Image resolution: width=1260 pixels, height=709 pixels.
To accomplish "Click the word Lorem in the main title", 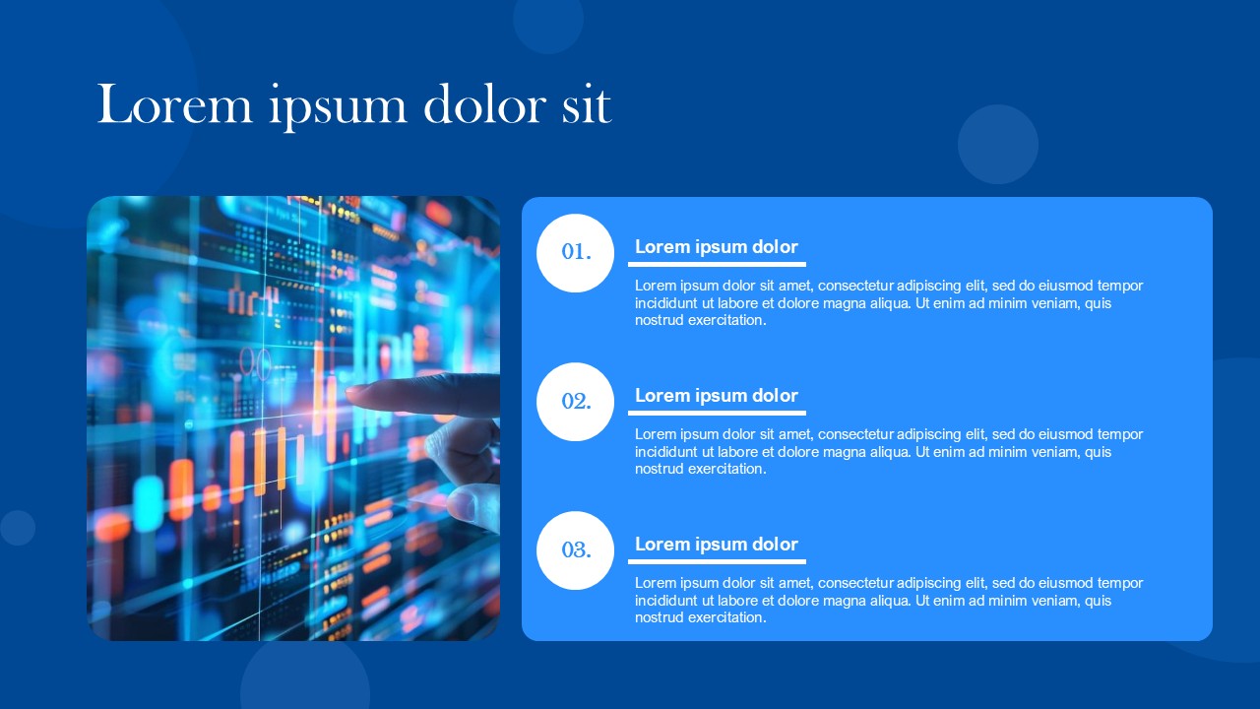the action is click(x=175, y=104).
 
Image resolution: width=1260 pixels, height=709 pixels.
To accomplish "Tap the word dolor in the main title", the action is click(x=485, y=104).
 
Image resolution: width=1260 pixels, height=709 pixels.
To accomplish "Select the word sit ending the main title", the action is click(x=587, y=105).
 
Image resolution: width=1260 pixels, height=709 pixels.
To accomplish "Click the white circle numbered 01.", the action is click(x=576, y=253).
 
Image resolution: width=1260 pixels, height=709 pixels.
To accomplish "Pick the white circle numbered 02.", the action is click(x=576, y=402).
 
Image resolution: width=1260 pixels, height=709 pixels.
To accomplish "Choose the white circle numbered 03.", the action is click(x=576, y=550).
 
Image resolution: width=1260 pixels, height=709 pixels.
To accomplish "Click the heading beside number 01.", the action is click(x=716, y=247).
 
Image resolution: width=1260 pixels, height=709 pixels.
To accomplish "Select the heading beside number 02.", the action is click(x=716, y=396).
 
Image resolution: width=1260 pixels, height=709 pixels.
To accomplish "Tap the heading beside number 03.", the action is click(x=716, y=545).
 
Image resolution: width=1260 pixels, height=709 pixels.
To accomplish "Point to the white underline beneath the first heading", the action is click(x=718, y=264).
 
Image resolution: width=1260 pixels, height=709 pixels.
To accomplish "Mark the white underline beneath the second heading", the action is click(x=718, y=413).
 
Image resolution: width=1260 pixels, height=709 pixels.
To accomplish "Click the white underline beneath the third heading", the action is click(x=718, y=561).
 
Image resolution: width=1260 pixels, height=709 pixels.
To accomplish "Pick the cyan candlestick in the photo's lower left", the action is click(x=149, y=504).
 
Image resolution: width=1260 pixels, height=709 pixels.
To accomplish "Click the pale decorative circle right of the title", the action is click(x=998, y=144).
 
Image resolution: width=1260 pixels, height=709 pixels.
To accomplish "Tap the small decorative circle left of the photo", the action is click(x=18, y=528).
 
